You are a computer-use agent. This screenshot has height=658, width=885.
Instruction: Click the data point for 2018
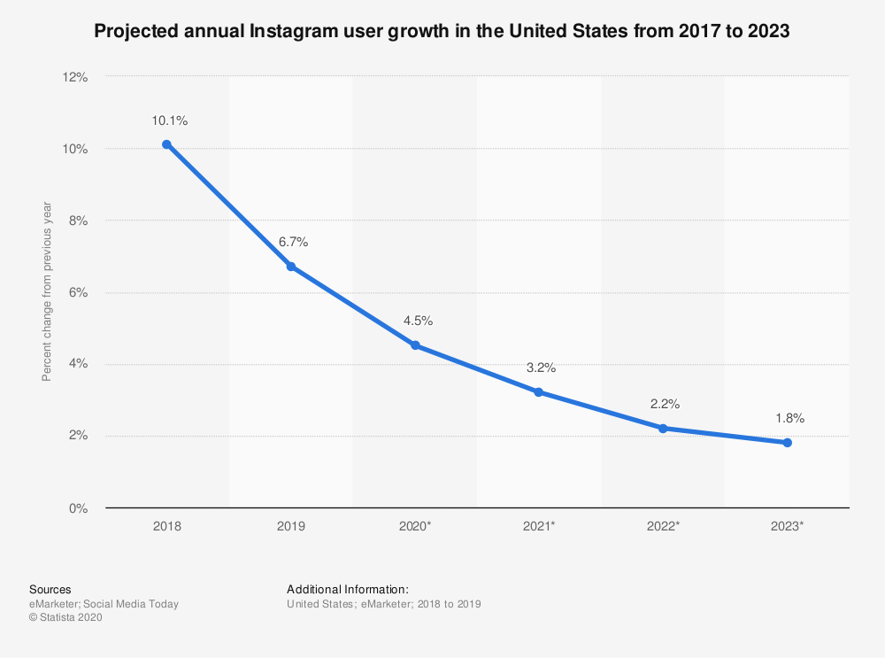click(166, 144)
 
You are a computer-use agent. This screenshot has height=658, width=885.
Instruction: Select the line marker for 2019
click(290, 267)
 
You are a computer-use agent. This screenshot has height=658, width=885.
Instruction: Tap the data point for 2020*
click(415, 345)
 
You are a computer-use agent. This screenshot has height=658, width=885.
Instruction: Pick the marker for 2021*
click(539, 392)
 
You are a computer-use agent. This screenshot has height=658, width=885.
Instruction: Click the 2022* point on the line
click(663, 429)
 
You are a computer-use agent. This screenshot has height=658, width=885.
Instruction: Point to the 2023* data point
click(787, 443)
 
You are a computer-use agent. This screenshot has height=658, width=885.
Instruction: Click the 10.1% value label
click(166, 120)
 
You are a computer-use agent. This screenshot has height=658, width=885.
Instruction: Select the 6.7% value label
click(293, 242)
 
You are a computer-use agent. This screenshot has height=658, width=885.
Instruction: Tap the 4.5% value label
click(417, 321)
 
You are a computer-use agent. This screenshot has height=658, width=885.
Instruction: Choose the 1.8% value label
click(789, 418)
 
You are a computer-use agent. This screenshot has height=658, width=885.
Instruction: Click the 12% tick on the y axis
click(75, 77)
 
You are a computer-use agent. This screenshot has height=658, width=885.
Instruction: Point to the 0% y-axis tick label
click(79, 508)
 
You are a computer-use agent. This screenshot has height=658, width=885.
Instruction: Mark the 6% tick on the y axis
click(79, 292)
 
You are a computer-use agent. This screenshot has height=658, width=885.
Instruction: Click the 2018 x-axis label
click(166, 526)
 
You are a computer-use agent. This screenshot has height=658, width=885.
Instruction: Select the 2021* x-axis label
click(540, 526)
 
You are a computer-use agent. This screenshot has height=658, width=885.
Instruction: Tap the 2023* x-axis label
click(788, 526)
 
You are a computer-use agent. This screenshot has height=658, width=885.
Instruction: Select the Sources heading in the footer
click(50, 589)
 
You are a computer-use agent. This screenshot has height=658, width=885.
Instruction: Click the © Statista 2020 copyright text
click(65, 618)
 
